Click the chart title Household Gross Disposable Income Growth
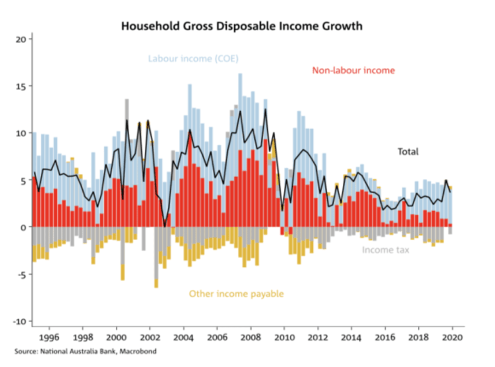pyautogui.click(x=242, y=26)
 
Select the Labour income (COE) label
pyautogui.click(x=193, y=58)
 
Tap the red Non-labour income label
pyautogui.click(x=353, y=70)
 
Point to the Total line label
pyautogui.click(x=408, y=151)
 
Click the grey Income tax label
pyautogui.click(x=385, y=250)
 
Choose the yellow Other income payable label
pyautogui.click(x=236, y=294)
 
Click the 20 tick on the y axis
pyautogui.click(x=21, y=39)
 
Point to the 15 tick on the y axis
pyautogui.click(x=21, y=86)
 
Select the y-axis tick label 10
pyautogui.click(x=21, y=133)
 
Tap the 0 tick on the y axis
pyautogui.click(x=24, y=227)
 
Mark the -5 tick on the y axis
pyautogui.click(x=21, y=274)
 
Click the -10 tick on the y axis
pyautogui.click(x=20, y=321)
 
